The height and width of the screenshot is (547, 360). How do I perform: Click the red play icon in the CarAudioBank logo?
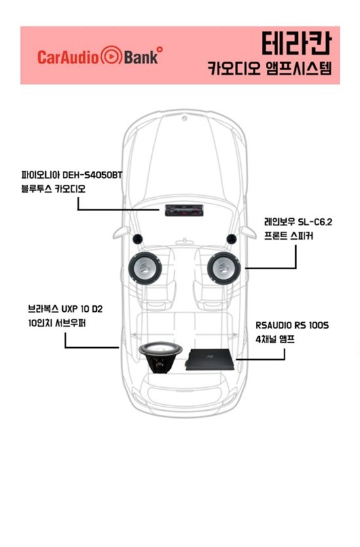[111, 56]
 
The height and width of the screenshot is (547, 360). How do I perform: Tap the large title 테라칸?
[296, 43]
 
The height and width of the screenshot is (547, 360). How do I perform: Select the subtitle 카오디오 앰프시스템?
[270, 67]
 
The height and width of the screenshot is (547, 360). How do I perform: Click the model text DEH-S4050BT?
[92, 174]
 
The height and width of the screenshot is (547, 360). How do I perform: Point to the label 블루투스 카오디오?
[53, 189]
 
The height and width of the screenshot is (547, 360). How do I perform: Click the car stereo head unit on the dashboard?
[184, 210]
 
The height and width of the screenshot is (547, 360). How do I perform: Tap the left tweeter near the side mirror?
[137, 239]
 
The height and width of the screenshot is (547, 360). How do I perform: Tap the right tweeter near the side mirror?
[232, 239]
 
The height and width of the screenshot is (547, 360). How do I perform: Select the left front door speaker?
[145, 268]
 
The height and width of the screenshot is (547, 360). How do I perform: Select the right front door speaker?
[224, 268]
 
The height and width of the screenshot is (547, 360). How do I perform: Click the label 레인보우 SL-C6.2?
[298, 221]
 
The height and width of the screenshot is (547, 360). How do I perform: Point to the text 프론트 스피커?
[289, 236]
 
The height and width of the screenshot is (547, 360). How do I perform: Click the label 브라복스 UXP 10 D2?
[65, 309]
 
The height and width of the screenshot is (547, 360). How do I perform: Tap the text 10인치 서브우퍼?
[57, 324]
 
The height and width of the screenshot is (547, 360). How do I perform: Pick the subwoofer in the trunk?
[160, 357]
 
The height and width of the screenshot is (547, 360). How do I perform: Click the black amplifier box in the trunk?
[210, 360]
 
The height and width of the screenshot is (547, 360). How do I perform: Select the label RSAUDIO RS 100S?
[292, 325]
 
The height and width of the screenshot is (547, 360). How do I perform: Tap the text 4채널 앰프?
[275, 339]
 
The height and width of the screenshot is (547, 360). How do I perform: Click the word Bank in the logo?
[141, 57]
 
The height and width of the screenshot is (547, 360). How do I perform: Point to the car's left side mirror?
[121, 233]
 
